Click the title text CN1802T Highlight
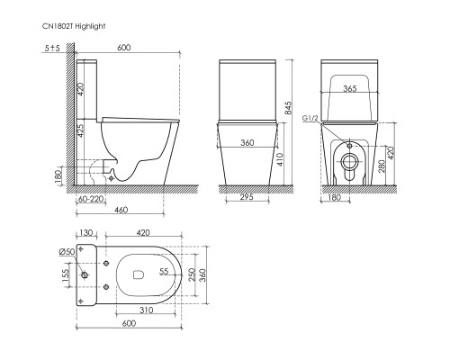(74, 26)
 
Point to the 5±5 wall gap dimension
(52, 48)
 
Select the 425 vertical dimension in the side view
(81, 130)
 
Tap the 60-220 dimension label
(90, 199)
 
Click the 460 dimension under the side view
(121, 210)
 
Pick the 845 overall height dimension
(288, 108)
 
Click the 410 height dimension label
(280, 160)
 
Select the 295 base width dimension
(247, 197)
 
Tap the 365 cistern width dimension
(350, 88)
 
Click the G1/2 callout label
(310, 118)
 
